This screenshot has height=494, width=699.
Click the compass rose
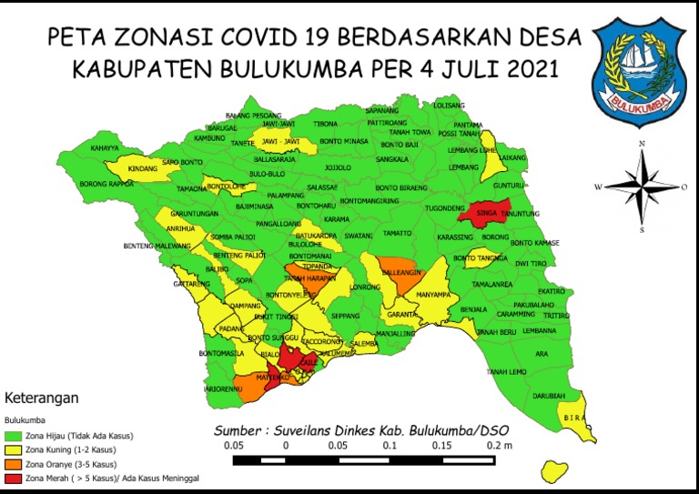[x=642, y=187]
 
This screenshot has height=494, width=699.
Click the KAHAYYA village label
[x=105, y=147]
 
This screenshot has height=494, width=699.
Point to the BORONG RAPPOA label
[x=106, y=184]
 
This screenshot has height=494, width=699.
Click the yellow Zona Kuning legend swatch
[x=15, y=450]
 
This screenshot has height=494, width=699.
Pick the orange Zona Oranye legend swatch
[x=15, y=464]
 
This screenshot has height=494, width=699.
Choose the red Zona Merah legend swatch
[x=15, y=477]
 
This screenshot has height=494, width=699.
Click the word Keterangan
[x=41, y=398]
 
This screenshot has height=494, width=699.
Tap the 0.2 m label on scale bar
[x=499, y=447]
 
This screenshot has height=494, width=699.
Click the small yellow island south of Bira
[x=550, y=472]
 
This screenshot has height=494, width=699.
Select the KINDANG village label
[x=142, y=169]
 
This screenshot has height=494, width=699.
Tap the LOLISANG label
[x=449, y=106]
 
